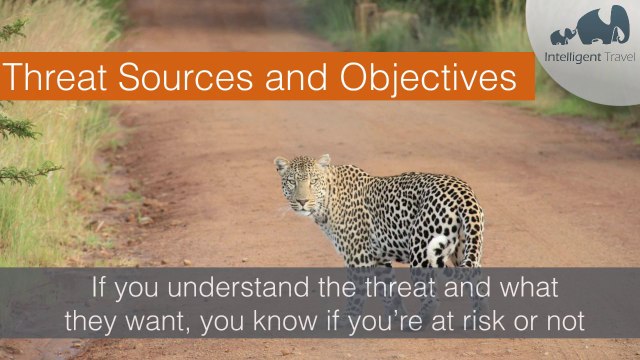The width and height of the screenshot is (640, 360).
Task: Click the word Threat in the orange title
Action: coord(56,78)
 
